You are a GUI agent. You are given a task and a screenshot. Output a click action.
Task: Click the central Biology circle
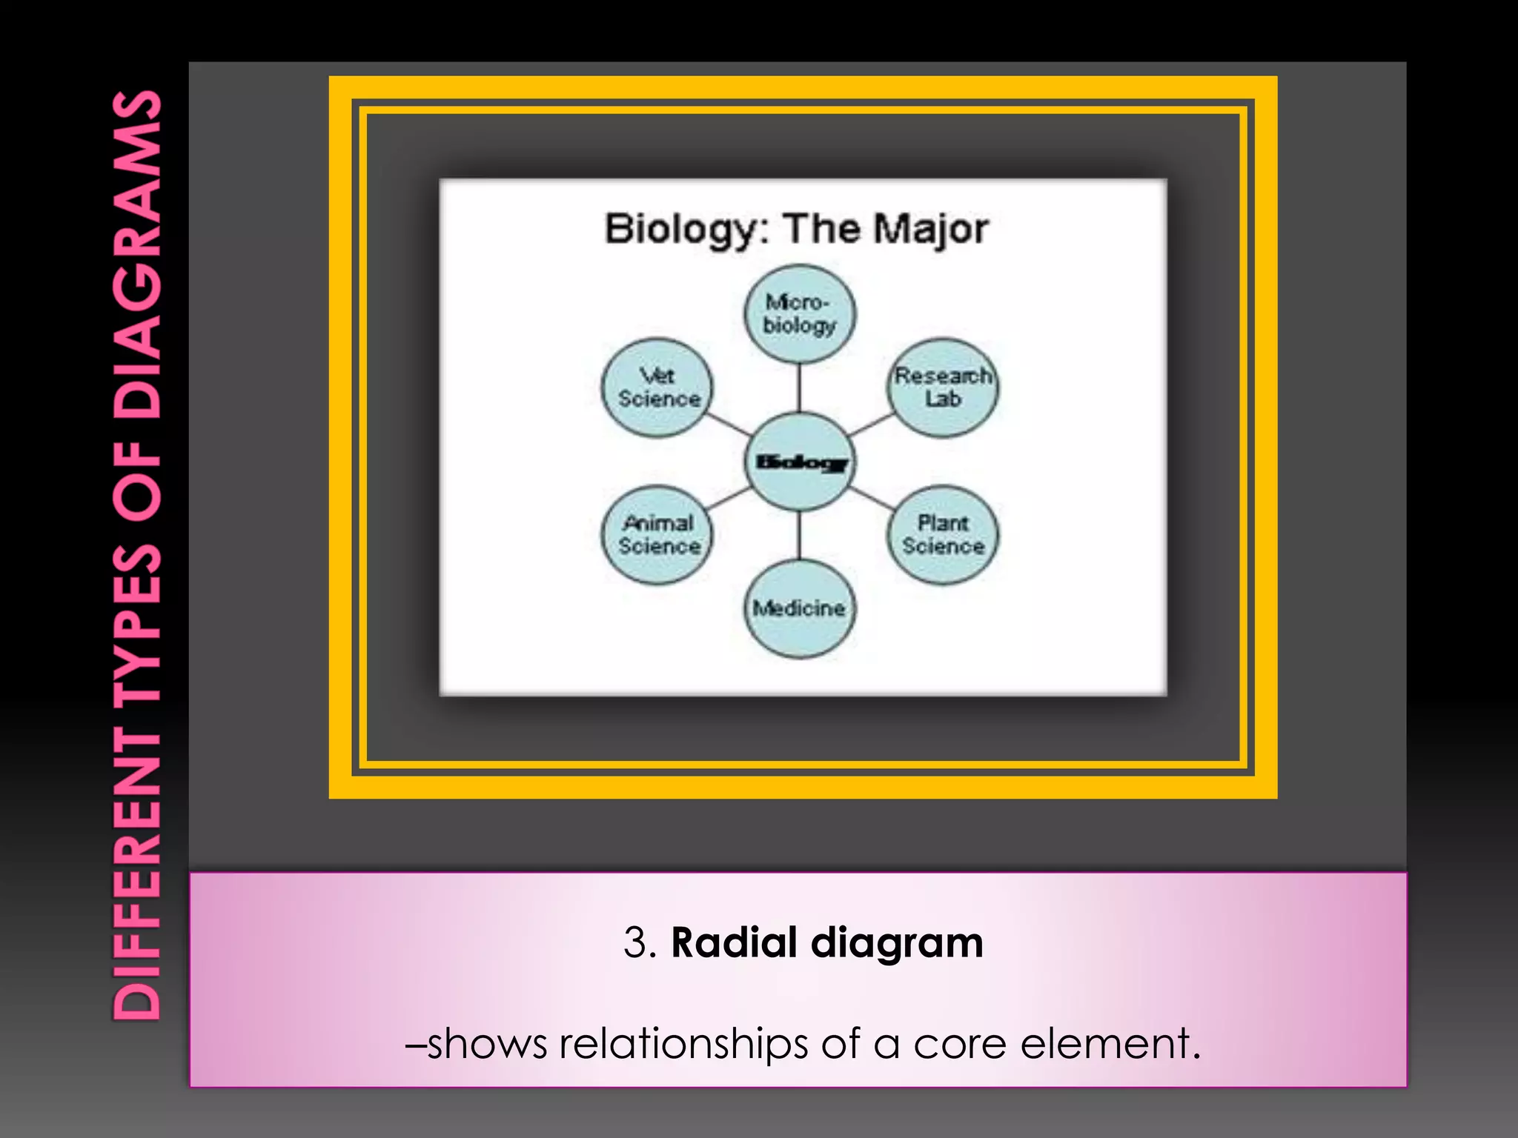click(x=799, y=462)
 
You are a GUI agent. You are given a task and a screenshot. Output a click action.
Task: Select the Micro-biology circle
click(x=799, y=313)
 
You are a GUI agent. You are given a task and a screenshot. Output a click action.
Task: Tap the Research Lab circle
click(x=942, y=387)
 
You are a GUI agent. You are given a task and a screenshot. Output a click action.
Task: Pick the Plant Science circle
click(x=942, y=535)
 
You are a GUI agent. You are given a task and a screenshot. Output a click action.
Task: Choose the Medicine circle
click(x=799, y=608)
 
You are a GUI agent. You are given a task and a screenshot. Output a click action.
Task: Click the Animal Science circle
click(x=657, y=535)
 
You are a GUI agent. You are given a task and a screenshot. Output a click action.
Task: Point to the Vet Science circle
click(x=657, y=387)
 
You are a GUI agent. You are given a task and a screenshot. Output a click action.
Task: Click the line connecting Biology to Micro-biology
click(x=799, y=387)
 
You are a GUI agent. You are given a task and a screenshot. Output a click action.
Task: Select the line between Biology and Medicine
click(x=799, y=535)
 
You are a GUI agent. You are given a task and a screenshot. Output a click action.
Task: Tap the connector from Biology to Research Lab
click(x=872, y=425)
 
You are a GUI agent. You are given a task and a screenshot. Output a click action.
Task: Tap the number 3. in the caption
click(x=640, y=942)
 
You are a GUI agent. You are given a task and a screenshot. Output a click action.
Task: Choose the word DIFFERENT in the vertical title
click(x=138, y=874)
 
